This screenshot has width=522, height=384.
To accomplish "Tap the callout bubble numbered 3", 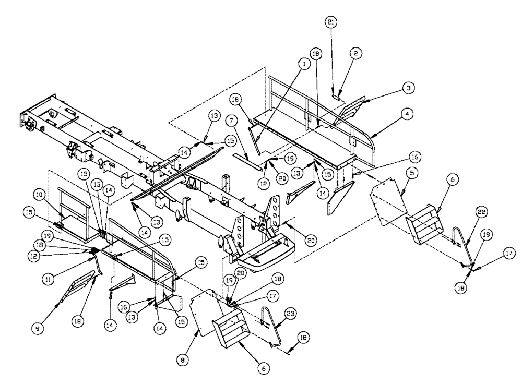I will tap(410, 89).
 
